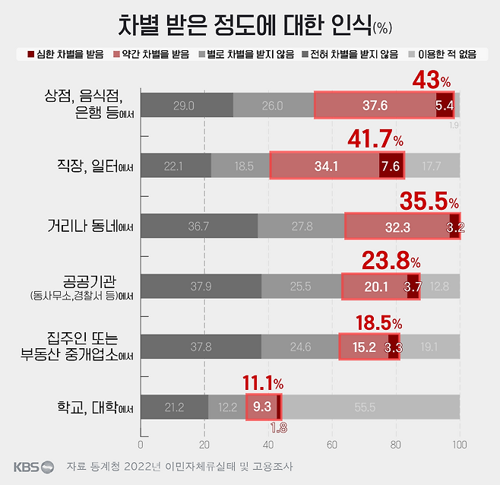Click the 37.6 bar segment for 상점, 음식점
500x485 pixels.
[374, 106]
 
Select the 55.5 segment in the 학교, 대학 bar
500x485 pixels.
[370, 407]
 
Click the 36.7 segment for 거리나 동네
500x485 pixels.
[199, 227]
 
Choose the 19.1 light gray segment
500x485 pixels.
[429, 347]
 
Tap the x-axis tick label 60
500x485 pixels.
[332, 444]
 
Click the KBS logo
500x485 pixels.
[33, 466]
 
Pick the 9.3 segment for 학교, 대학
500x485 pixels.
[263, 407]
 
